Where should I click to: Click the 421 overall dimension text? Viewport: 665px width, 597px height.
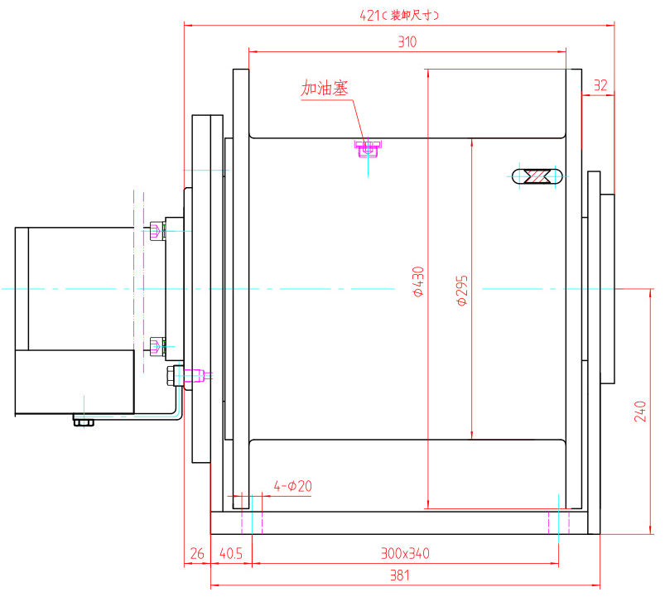pos(369,15)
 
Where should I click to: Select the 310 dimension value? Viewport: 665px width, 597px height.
pos(407,41)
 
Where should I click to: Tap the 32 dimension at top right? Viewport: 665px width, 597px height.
pos(600,84)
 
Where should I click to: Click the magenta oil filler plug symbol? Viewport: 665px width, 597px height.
pos(368,148)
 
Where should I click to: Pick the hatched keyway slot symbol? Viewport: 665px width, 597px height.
pos(539,176)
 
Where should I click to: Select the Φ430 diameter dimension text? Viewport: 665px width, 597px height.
pos(418,282)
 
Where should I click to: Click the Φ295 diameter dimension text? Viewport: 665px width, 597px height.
pos(463,291)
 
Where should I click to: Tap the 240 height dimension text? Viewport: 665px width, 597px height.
pos(639,412)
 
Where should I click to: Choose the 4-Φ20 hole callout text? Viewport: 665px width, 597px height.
pos(293,486)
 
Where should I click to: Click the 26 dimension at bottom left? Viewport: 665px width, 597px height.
pos(196,552)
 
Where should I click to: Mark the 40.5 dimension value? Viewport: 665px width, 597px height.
pos(231,552)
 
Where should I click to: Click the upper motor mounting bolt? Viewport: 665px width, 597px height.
pos(157,231)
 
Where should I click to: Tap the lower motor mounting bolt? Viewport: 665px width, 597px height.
pos(157,345)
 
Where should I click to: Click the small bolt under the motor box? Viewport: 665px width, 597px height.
pos(83,421)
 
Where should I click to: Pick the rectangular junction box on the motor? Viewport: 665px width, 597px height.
pos(75,382)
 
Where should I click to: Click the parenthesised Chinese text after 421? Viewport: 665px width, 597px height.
pos(412,15)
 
